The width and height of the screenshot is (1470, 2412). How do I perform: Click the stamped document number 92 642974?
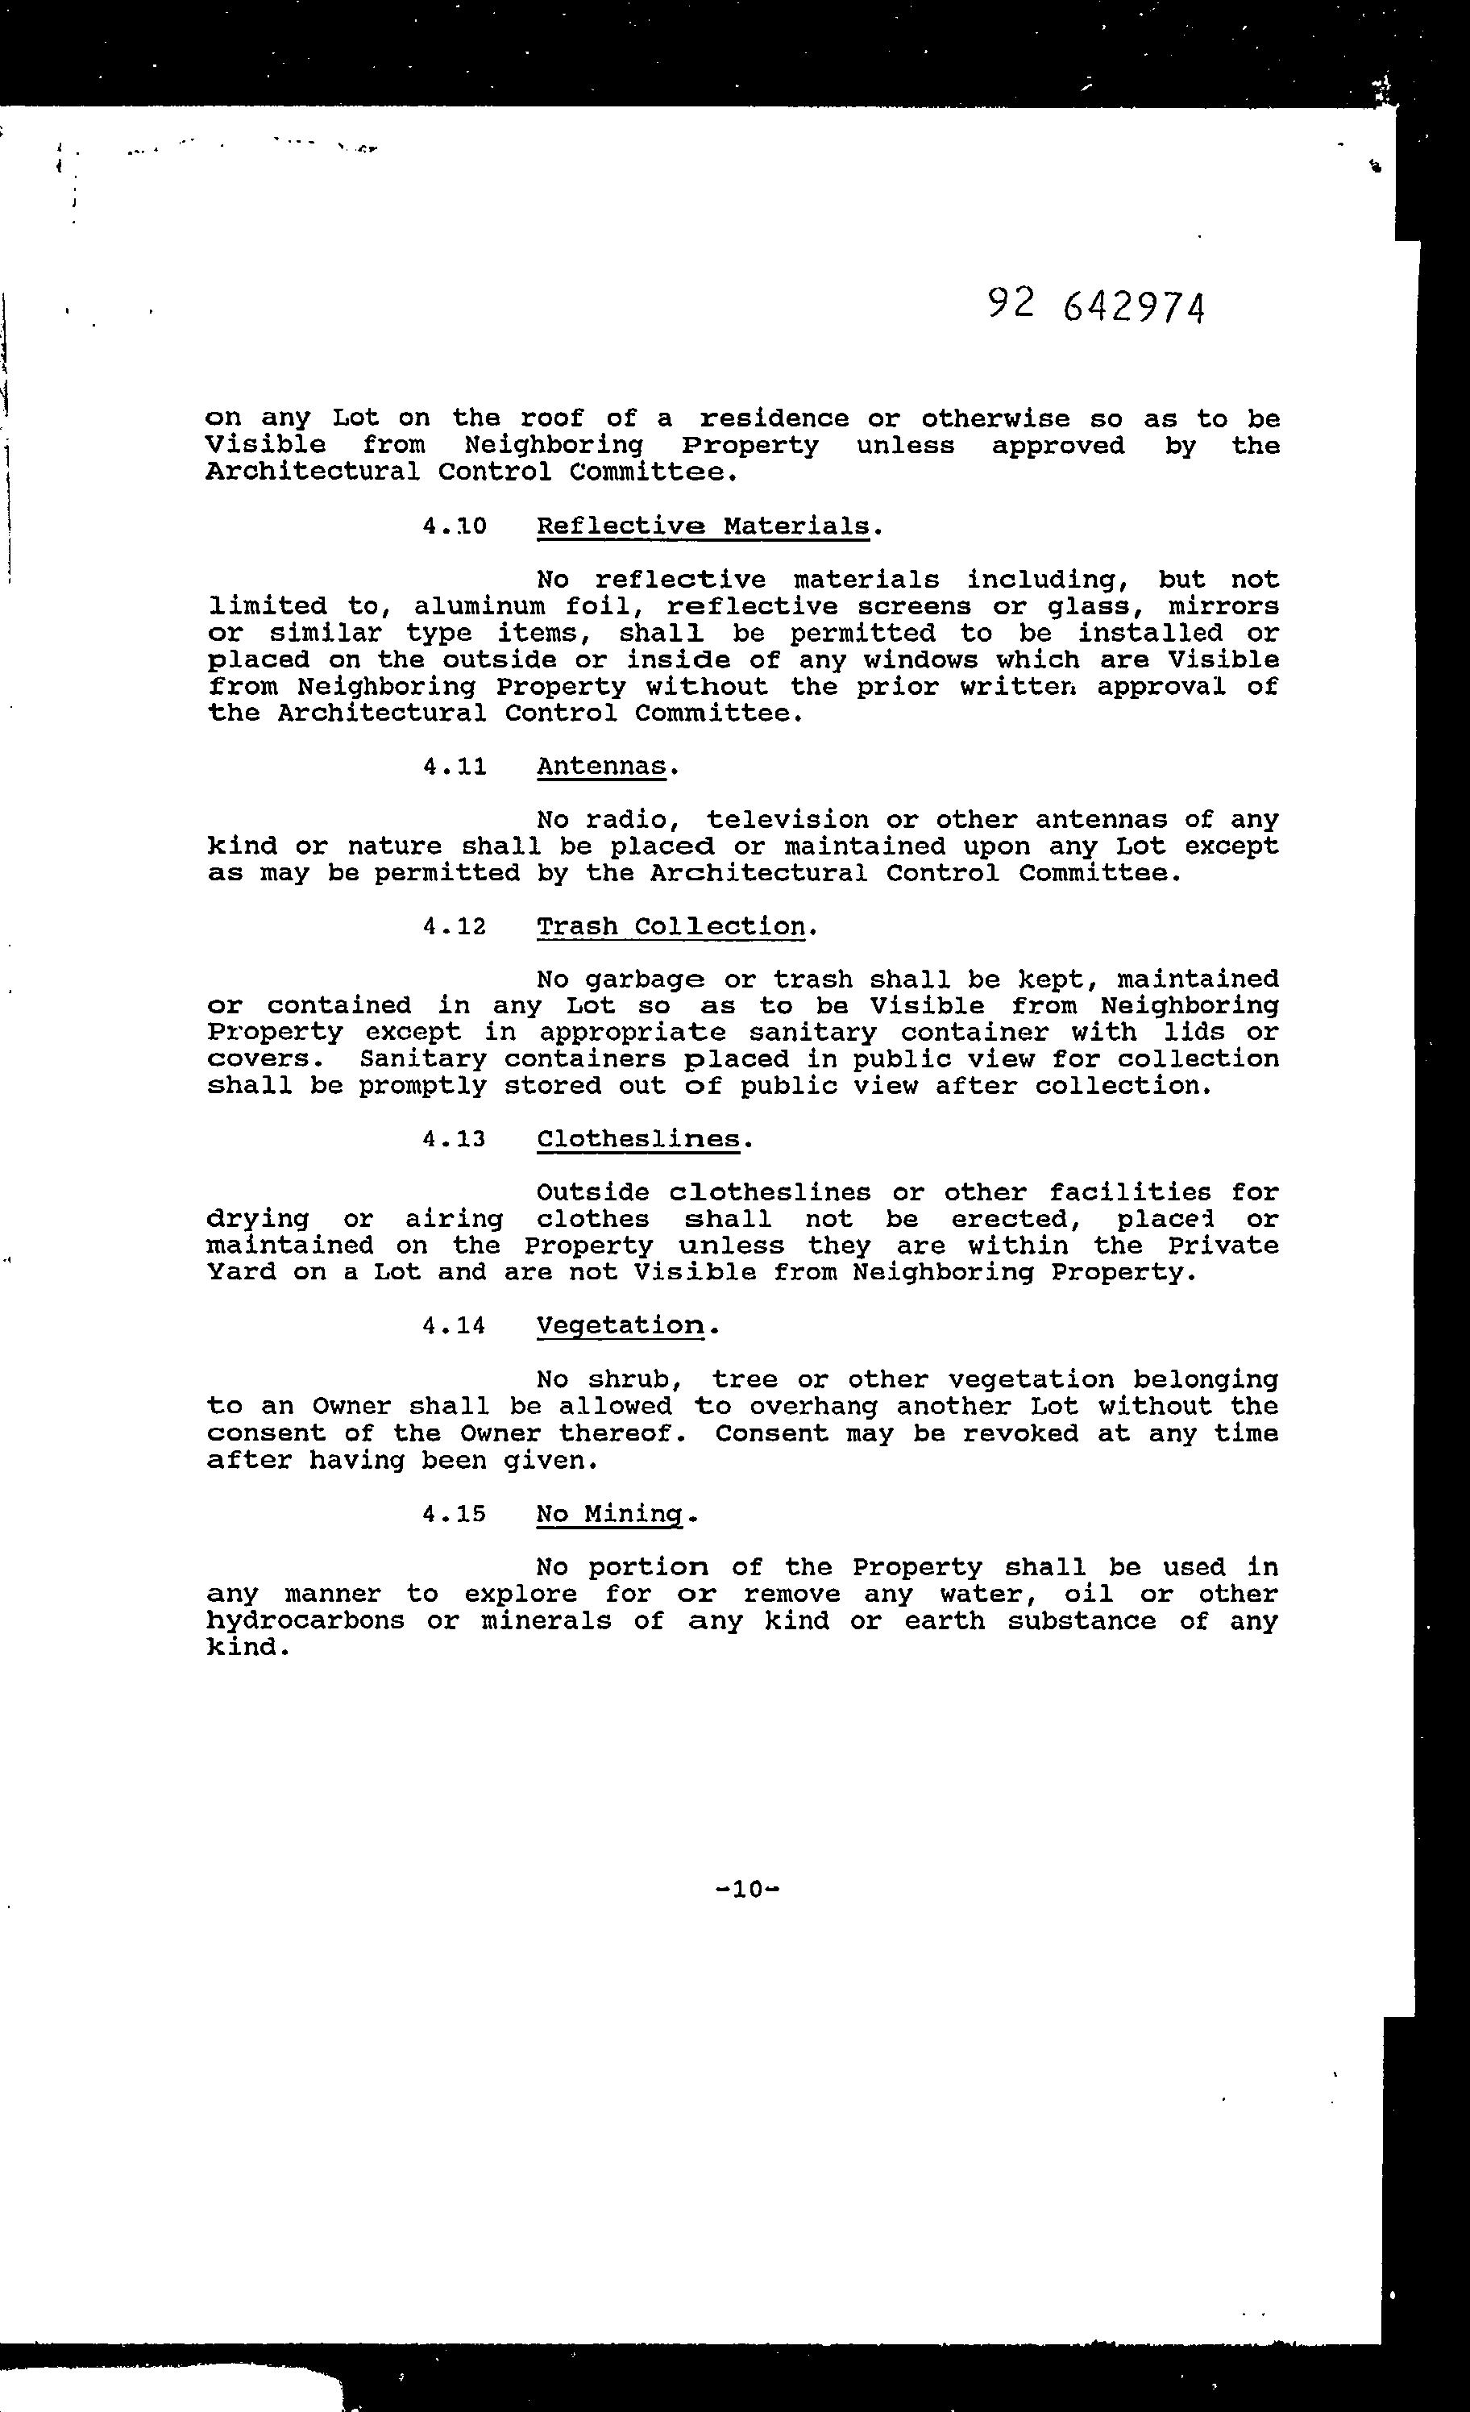(x=1096, y=306)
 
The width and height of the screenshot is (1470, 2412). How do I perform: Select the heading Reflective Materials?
(x=704, y=526)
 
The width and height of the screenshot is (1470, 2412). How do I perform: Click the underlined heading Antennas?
(x=601, y=766)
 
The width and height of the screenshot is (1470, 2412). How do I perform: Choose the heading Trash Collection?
(x=671, y=926)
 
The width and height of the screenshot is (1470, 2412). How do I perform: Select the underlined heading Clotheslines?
(x=639, y=1139)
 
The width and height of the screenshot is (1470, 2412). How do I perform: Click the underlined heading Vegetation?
(x=621, y=1325)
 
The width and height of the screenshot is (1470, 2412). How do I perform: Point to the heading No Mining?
(x=611, y=1513)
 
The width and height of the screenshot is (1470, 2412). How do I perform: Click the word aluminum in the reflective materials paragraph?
(x=480, y=607)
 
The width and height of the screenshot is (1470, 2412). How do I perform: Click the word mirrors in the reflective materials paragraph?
(x=1223, y=607)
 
